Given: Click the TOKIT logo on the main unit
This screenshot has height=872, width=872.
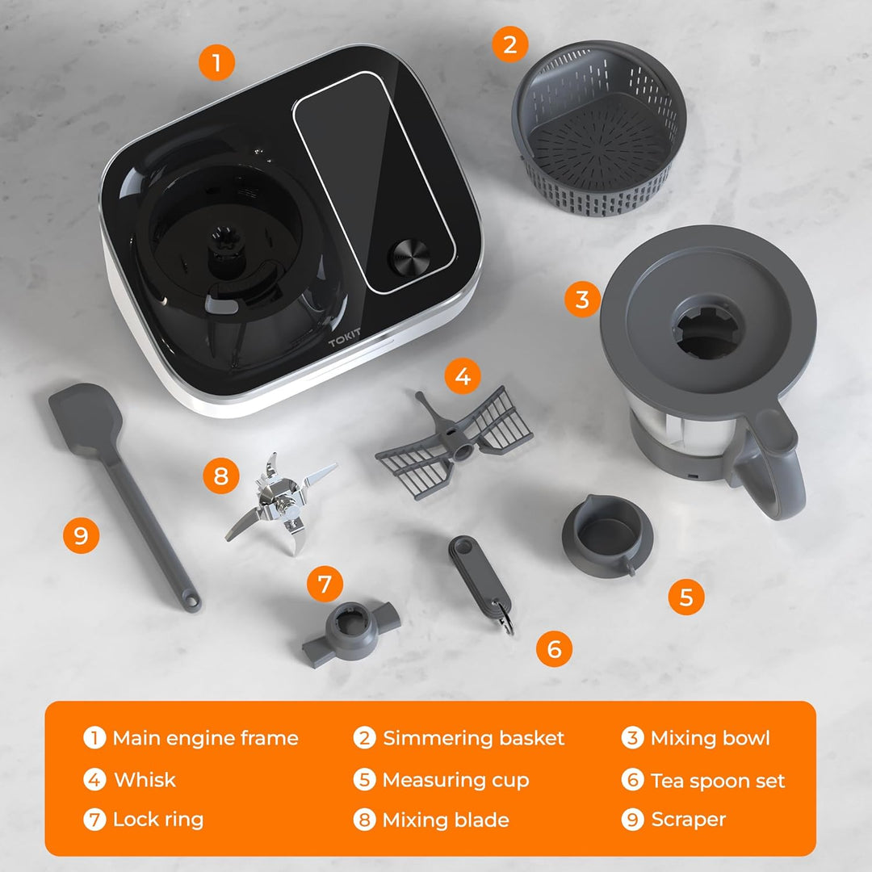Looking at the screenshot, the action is click(344, 337).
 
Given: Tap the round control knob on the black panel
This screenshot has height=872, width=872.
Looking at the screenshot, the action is click(410, 258).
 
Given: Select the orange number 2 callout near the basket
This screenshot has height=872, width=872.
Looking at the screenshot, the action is click(510, 44).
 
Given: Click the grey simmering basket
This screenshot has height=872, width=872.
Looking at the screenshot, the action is click(599, 128).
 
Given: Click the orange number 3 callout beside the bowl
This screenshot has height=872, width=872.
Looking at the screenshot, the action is click(582, 300).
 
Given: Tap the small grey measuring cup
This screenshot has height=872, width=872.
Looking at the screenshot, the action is click(607, 535).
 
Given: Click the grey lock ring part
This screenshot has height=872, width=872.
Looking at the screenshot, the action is click(351, 633).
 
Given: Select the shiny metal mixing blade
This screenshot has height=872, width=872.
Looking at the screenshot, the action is click(280, 503).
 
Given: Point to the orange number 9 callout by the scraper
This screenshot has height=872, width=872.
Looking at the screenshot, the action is click(82, 535).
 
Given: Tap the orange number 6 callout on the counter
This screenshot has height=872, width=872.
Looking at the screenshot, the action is click(555, 648).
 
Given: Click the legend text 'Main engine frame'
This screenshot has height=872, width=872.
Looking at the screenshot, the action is click(206, 738).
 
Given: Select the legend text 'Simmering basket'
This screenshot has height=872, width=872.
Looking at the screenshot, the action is click(474, 738).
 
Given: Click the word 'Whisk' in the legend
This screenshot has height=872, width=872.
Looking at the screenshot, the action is click(145, 780).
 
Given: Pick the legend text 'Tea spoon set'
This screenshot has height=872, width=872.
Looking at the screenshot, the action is click(718, 781).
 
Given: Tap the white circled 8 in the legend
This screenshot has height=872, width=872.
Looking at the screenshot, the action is click(365, 820).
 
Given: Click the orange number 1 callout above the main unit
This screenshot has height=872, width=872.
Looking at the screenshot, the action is click(217, 62).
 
